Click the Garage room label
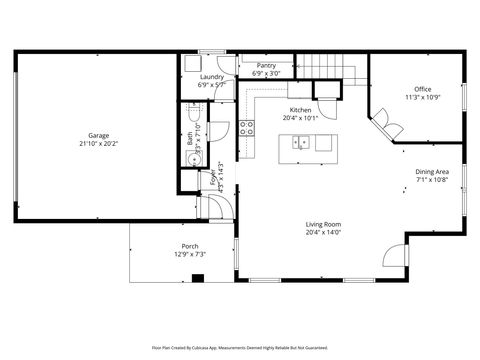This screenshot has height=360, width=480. tap(98, 135)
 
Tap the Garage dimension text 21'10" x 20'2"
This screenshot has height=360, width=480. tap(98, 143)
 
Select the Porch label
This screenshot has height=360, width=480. tap(189, 246)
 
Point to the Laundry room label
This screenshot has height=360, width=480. tap(211, 77)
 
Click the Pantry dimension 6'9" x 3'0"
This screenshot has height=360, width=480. tap(266, 73)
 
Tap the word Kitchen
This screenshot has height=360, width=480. tap(301, 110)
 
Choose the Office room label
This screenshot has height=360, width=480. tap(423, 89)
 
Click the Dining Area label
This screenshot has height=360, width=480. tap(432, 172)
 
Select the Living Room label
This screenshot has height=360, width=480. tap(323, 224)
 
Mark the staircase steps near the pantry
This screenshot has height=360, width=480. tap(326, 66)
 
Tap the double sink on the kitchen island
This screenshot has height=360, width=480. tap(299, 144)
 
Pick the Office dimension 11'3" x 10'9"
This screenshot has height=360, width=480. tap(423, 97)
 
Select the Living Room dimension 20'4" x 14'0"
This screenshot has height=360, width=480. tap(323, 232)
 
